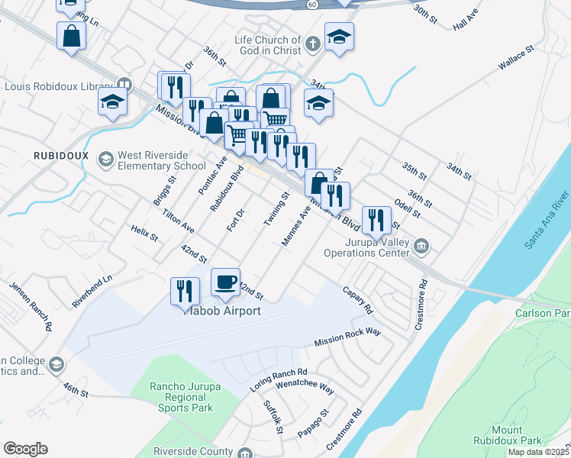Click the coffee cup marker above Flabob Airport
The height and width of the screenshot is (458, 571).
click(x=225, y=282)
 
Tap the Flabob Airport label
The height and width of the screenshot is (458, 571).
click(x=223, y=311)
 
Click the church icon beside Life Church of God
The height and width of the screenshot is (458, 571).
click(x=312, y=45)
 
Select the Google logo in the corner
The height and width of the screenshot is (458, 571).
click(x=25, y=449)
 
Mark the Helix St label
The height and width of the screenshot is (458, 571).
click(x=144, y=233)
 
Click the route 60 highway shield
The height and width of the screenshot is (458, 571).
click(x=311, y=5)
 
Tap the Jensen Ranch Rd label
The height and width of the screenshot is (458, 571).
click(x=31, y=306)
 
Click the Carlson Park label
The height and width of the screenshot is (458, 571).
click(x=543, y=314)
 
